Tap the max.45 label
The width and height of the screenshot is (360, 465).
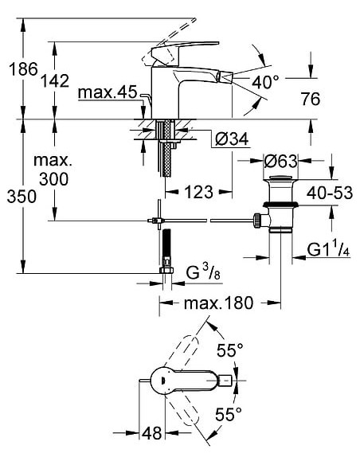coord(109,94)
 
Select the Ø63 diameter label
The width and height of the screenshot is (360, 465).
coord(280,161)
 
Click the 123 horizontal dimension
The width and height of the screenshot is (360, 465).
coord(198,192)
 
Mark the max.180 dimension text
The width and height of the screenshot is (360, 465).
coord(217,303)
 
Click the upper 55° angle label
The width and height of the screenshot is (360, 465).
coord(230,349)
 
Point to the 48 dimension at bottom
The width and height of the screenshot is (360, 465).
coord(153,434)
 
